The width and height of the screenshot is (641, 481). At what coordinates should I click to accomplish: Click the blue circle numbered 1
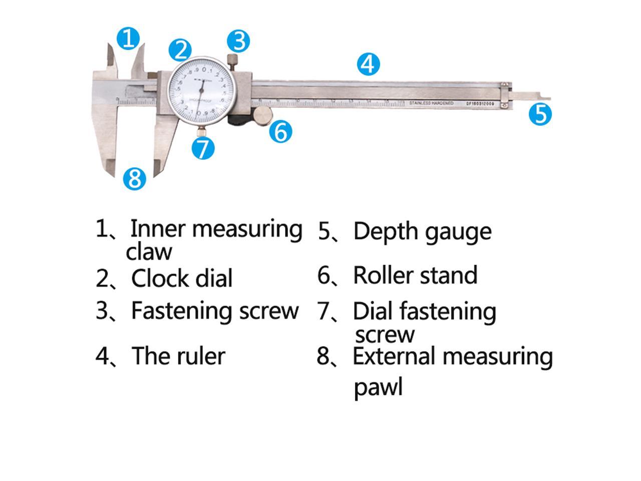point(128,38)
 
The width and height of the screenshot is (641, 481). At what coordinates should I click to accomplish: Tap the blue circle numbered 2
point(180,50)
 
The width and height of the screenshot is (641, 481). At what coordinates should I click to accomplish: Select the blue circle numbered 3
point(238,41)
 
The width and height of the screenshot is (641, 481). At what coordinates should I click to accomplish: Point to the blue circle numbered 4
point(368,64)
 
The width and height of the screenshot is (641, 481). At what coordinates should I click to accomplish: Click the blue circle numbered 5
point(540,114)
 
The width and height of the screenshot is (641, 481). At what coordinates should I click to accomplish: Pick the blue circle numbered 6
point(280,132)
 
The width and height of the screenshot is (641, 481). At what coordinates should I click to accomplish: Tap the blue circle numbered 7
point(203,148)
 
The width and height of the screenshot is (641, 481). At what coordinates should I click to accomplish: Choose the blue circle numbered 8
point(135,178)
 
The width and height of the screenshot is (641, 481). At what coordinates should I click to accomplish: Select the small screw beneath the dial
point(201,131)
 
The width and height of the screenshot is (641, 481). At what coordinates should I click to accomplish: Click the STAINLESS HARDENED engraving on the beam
point(431,103)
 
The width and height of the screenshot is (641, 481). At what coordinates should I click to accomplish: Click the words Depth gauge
point(422,231)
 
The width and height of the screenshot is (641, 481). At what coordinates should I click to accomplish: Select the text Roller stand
point(415,276)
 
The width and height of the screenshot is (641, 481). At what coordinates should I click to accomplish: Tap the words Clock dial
point(182,279)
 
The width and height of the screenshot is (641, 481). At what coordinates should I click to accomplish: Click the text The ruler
point(178,356)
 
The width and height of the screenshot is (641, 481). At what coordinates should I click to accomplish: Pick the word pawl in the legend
point(378,387)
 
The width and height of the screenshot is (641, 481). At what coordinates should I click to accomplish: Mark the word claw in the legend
point(149,252)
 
